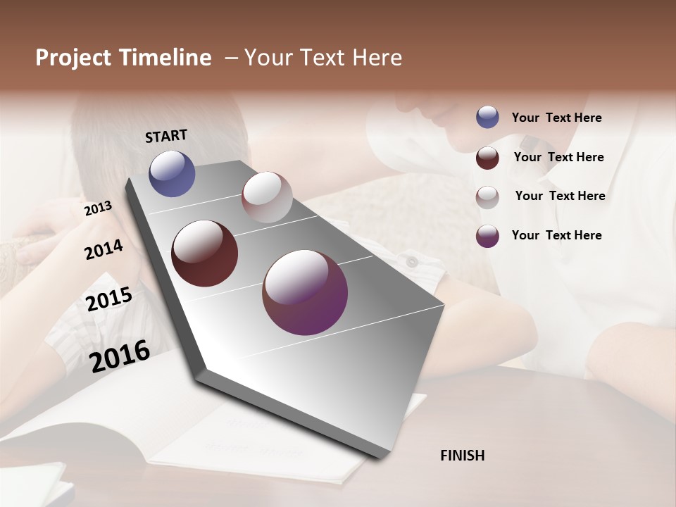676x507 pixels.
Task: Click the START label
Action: click(x=166, y=136)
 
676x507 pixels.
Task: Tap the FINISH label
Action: click(x=462, y=456)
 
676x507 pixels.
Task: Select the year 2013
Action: click(x=98, y=208)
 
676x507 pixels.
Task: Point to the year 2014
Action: click(x=104, y=250)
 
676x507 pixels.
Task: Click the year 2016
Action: click(x=120, y=356)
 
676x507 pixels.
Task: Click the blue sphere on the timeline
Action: click(x=172, y=173)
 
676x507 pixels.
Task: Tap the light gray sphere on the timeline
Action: click(x=267, y=197)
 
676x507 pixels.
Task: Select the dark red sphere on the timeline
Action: click(x=204, y=254)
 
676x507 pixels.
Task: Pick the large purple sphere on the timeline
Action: click(x=305, y=292)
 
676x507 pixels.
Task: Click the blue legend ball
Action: click(x=487, y=118)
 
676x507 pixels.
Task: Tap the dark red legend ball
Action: click(x=487, y=158)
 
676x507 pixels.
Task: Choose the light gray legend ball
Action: click(x=487, y=197)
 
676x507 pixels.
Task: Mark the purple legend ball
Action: click(x=487, y=236)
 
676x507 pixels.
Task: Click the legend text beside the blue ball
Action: click(x=556, y=118)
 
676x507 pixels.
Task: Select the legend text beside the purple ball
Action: click(x=556, y=235)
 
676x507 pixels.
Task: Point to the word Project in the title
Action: click(x=73, y=58)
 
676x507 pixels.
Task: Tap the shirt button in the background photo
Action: click(x=412, y=262)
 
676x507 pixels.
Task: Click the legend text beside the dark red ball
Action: click(x=558, y=157)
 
